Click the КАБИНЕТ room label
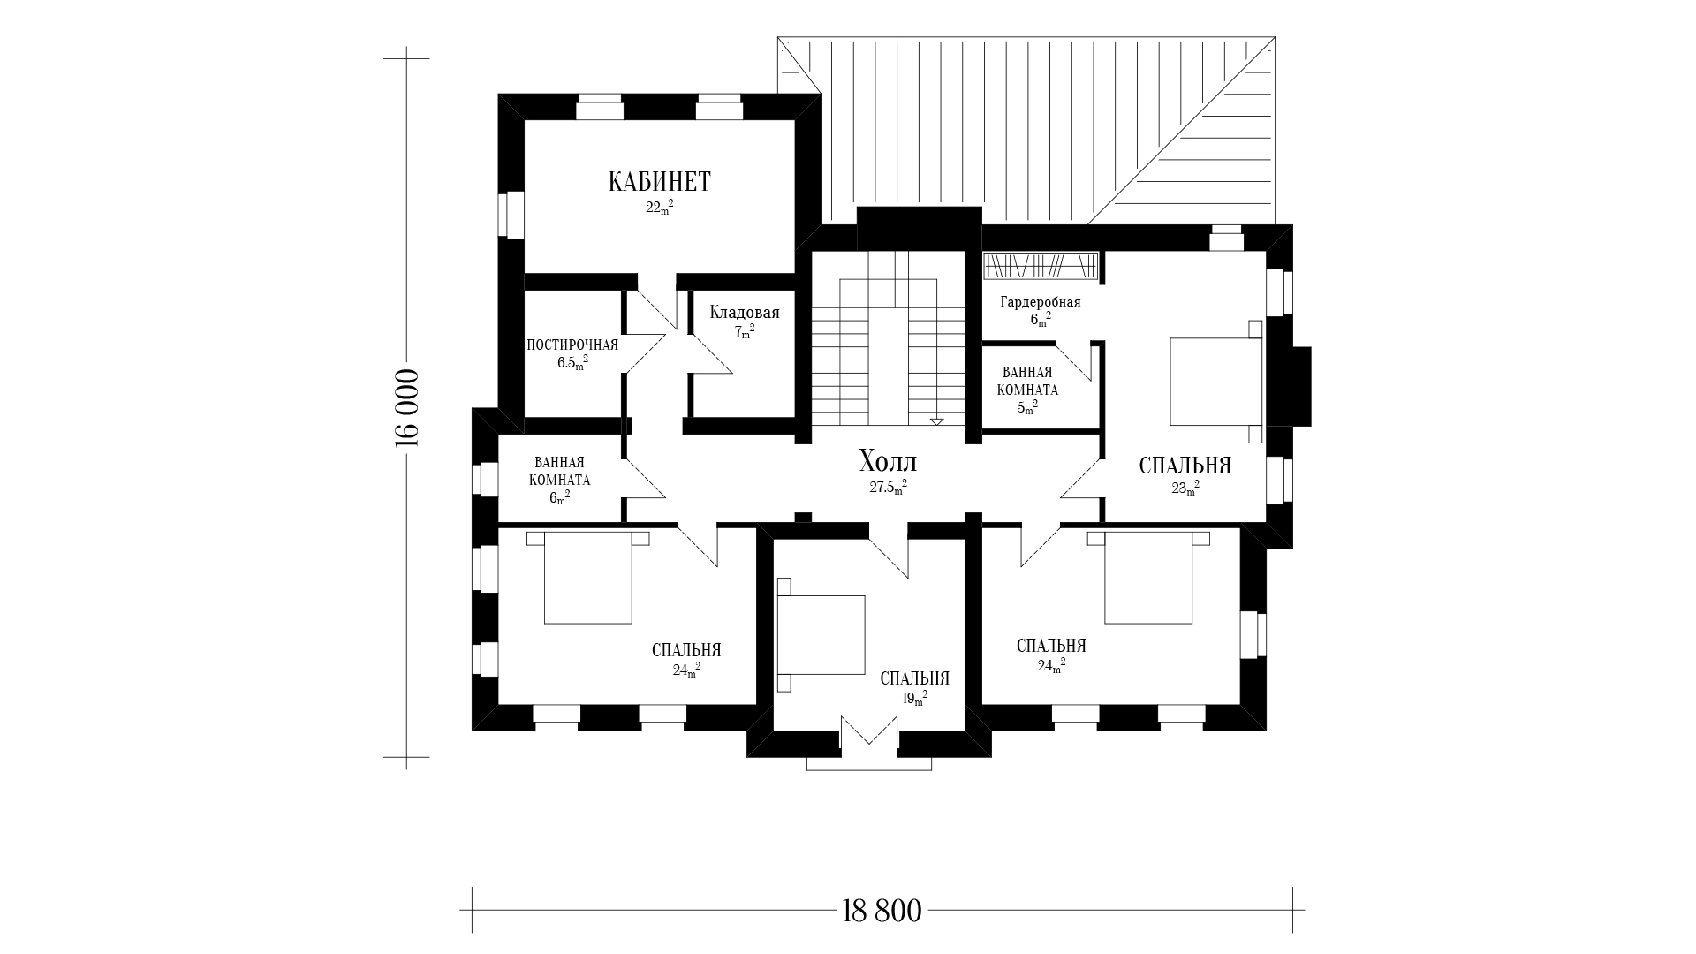point(659,182)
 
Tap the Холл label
point(888,461)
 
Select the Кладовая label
point(745,313)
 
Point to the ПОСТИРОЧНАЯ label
point(572,344)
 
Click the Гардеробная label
point(1041,302)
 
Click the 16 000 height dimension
point(407,407)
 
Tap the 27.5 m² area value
point(888,487)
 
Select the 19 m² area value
point(914,699)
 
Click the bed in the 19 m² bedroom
point(821,635)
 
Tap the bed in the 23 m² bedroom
point(1217,381)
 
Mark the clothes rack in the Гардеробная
point(1041,266)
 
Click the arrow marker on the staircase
point(936,420)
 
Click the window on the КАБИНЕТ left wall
point(511,215)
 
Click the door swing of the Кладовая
point(711,353)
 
